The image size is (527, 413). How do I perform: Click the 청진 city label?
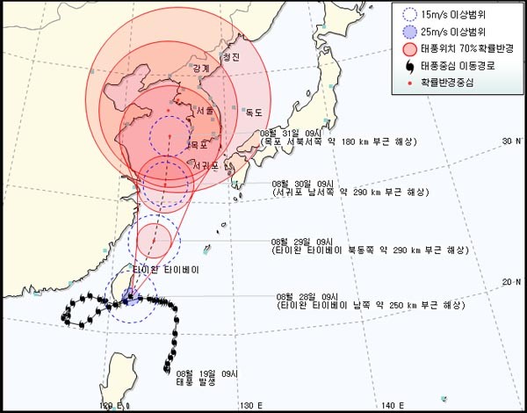coord(231,58)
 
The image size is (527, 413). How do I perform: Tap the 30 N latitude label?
coord(511,141)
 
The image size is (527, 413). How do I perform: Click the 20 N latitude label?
coord(511,281)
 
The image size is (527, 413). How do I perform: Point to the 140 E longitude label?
coord(392,405)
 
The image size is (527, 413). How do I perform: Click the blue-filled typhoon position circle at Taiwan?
coord(129,298)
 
